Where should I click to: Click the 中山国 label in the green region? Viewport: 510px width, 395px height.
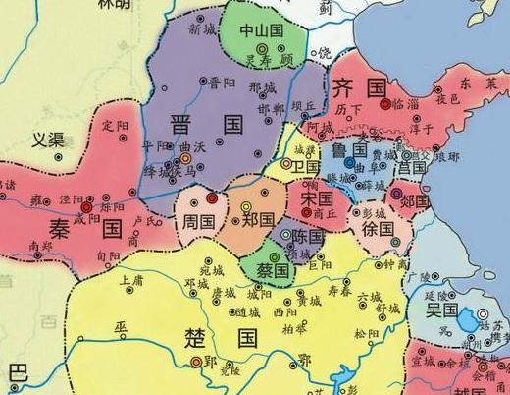coord(261,29)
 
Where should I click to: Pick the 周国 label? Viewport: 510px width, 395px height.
coord(199,222)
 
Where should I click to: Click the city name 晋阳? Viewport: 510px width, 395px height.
coord(222,83)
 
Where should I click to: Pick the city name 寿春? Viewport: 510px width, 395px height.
coord(339,292)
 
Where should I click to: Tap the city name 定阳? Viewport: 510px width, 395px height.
coord(115,127)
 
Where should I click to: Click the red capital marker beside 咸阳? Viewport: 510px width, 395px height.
coord(86,208)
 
